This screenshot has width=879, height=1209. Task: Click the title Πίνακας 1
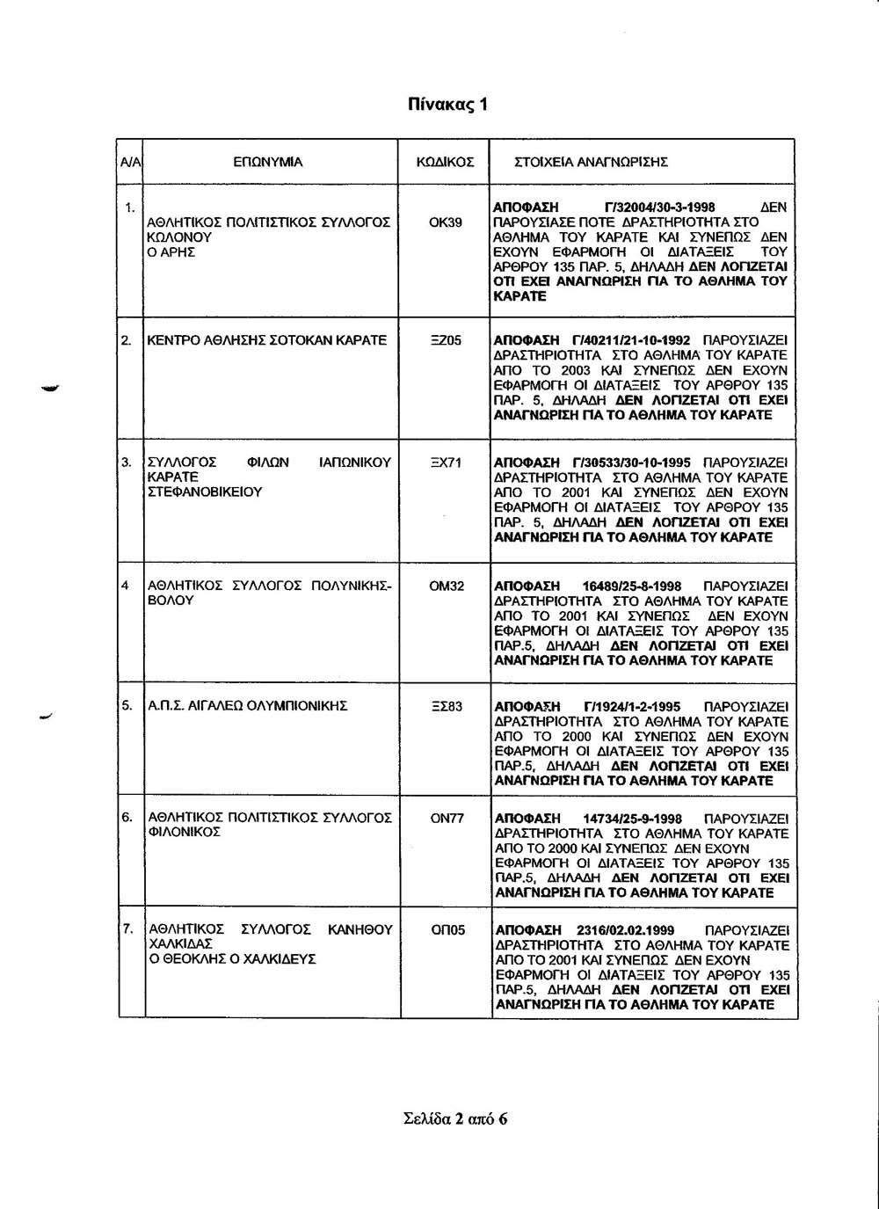[x=447, y=106]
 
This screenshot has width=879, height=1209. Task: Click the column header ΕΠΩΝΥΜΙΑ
[x=267, y=162]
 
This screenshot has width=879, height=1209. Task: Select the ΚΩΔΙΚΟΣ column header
[x=445, y=162]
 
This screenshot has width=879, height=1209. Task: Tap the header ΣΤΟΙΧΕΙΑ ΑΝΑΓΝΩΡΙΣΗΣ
[x=591, y=162]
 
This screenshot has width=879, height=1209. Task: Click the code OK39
[x=445, y=222]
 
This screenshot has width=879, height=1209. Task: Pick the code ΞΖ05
[x=446, y=340]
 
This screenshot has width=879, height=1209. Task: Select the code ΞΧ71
[x=446, y=462]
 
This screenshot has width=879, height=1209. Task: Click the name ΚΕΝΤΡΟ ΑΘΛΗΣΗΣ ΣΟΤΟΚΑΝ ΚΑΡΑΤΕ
[x=267, y=340]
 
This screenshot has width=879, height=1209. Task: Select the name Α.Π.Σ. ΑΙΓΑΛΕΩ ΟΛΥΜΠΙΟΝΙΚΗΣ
[x=248, y=706]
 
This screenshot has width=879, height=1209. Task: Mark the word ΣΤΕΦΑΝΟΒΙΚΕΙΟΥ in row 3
[x=206, y=492]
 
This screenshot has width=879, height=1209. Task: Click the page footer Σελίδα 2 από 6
[x=455, y=1119]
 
